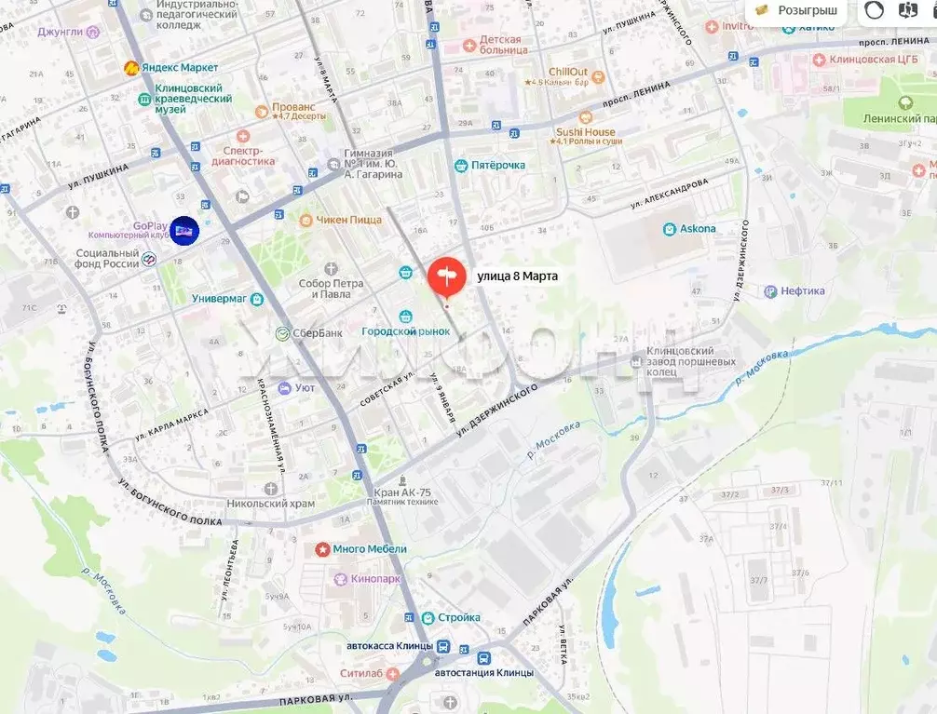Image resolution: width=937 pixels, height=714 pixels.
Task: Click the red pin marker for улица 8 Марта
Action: pos(446,276)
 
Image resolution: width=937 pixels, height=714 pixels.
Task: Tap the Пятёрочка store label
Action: pos(498,166)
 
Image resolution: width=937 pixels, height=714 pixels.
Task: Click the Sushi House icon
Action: pos(585,118)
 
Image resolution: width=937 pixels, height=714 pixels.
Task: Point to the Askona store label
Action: pos(698,229)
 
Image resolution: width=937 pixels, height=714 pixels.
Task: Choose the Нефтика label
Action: pos(802,291)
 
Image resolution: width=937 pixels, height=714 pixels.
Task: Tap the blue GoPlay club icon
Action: pos(184,231)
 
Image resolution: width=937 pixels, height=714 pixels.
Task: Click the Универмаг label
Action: pos(219,299)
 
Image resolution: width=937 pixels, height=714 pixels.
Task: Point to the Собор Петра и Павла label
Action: pos(325,289)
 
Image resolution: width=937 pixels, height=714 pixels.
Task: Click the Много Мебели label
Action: pos(369,549)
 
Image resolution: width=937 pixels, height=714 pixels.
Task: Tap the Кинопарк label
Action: pos(376,579)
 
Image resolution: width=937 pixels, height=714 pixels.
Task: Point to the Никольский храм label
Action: pos(271,503)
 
